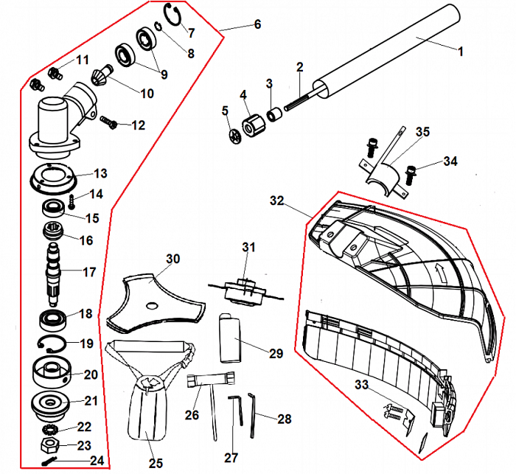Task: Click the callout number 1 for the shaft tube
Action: pos(461,52)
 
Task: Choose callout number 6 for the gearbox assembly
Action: pos(257,24)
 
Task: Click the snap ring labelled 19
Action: pos(52,342)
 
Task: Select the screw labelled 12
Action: pos(109,120)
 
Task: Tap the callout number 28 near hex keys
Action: pos(285,419)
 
